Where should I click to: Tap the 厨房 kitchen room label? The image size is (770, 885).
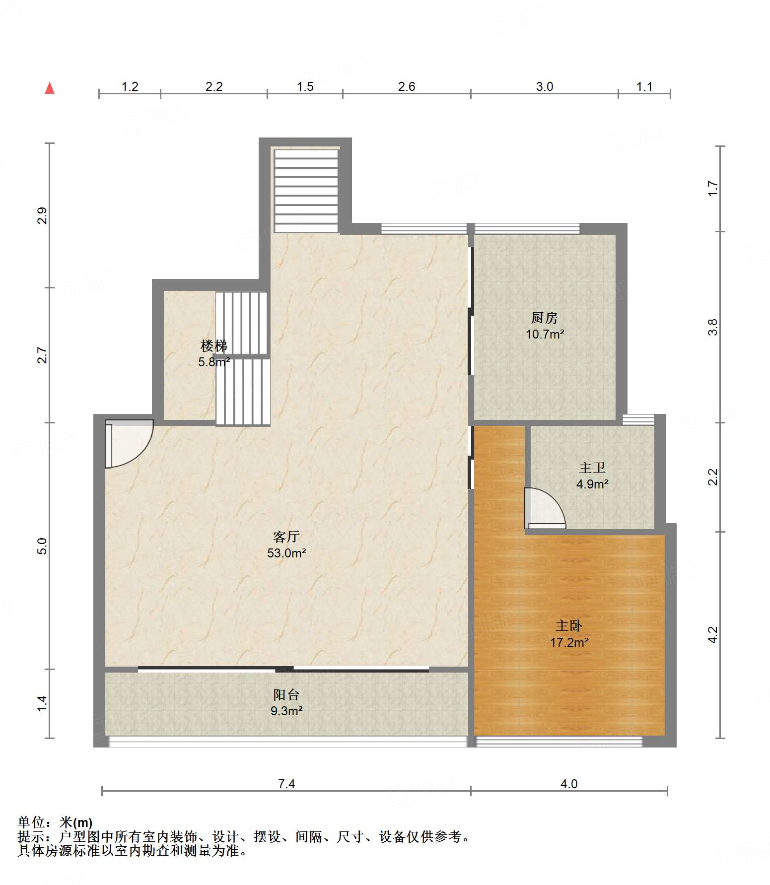[x=545, y=318]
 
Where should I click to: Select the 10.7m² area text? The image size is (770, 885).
[x=545, y=334]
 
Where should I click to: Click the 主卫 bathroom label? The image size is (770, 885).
[x=592, y=468]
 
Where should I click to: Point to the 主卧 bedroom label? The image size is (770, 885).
[x=569, y=626]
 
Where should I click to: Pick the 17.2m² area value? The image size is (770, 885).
[x=569, y=642]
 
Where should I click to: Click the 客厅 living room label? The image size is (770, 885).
[x=286, y=537]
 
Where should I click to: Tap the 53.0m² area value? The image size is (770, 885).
[x=286, y=553]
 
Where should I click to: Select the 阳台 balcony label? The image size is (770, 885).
[x=286, y=694]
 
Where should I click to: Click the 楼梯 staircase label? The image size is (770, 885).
[x=214, y=345]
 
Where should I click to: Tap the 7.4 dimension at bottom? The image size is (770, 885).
[x=286, y=784]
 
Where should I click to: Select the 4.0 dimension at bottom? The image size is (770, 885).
[x=569, y=784]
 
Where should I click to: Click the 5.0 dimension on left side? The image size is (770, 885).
[x=42, y=546]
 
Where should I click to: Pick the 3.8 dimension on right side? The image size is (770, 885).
[x=713, y=327]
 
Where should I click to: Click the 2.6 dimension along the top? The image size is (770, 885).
[x=407, y=86]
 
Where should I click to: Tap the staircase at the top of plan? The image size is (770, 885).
[x=306, y=190]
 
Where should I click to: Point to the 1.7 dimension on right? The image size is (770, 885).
[x=713, y=189]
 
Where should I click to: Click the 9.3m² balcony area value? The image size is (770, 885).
[x=286, y=711]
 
